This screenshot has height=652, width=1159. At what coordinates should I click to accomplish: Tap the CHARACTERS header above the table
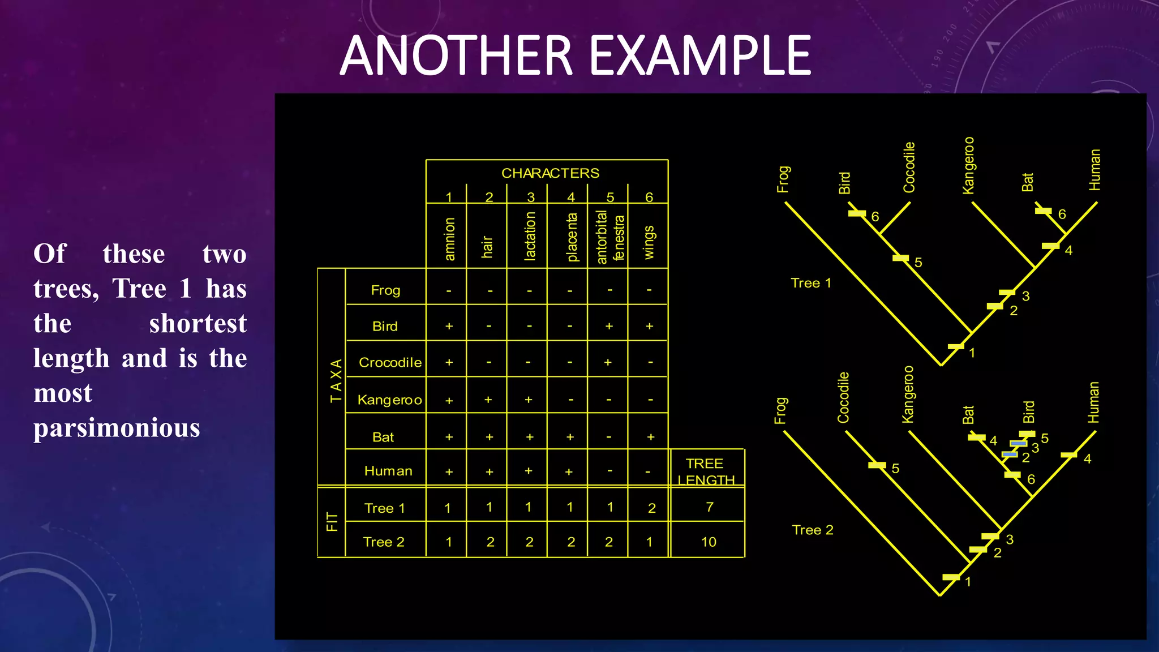point(550,173)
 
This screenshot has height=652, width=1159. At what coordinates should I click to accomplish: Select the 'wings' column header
point(649,242)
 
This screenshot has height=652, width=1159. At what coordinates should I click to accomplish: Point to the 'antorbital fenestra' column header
point(609,237)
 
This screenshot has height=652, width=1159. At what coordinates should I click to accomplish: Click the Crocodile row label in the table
point(390,362)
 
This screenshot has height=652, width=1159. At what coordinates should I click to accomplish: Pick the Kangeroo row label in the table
point(389,400)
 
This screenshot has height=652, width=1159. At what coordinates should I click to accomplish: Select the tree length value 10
point(709,542)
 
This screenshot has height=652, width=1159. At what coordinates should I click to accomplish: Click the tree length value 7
point(710,507)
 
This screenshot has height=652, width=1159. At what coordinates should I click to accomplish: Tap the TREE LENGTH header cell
point(705,471)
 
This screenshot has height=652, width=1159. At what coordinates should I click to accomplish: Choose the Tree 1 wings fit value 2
point(651,508)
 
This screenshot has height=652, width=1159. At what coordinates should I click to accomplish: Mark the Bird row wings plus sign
point(649,326)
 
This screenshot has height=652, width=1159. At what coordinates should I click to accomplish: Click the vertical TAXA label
point(336,380)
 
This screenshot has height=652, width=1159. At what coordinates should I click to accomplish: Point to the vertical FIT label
point(332,522)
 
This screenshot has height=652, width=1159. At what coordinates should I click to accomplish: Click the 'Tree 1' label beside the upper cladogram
point(810,283)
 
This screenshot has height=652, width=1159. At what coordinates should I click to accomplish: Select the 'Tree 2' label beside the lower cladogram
point(813,530)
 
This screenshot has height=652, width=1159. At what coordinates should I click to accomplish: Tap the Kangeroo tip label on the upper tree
point(968,165)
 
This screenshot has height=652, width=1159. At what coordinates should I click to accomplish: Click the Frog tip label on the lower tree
point(780,410)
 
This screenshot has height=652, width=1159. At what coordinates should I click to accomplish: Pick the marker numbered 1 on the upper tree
point(956,346)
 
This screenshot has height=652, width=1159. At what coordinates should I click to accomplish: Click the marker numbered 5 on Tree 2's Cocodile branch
point(877,465)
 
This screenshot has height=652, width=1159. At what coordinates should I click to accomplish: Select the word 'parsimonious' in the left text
point(117,428)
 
